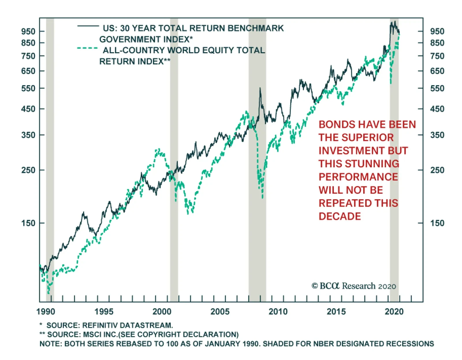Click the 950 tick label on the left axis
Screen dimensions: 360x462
coord(28,31)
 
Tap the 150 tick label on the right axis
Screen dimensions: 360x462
coord(437,223)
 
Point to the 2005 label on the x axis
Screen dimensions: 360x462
coord(220,311)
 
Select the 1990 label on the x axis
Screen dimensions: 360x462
coord(46,311)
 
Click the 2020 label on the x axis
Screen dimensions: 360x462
coord(394,311)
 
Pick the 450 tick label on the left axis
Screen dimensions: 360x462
coord(28,109)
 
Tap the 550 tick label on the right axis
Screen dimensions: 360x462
coord(437,88)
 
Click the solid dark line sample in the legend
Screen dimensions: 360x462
coord(88,26)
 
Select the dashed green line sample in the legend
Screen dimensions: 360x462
coord(87,48)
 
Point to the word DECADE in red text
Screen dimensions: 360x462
coord(340,216)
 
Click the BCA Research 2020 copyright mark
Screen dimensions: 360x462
coord(354,286)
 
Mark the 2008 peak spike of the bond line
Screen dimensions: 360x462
coord(260,88)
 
